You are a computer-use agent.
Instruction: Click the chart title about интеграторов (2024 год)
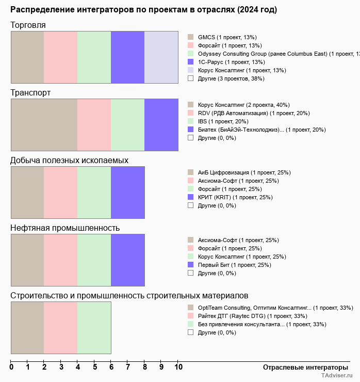pos(143,10)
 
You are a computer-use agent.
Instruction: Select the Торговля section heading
pos(28,25)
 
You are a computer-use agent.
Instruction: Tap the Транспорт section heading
pos(30,92)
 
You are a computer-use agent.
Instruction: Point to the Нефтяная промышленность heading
pos(65,228)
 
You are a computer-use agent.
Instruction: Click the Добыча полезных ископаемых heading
pos(69,160)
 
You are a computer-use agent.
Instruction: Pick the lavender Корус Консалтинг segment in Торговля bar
pos(161,57)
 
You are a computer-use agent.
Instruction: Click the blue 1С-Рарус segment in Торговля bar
pos(127,57)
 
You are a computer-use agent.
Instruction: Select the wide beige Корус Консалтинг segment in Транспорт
pos(44,124)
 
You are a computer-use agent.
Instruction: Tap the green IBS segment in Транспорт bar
pos(127,124)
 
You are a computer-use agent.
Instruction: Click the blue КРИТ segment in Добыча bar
pos(127,192)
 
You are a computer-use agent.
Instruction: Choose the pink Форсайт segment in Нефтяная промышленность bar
pos(60,260)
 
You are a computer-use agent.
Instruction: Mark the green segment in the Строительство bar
pos(94,327)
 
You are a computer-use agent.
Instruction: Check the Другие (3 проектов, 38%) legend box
pos(190,78)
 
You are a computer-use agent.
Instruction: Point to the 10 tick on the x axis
pos(178,368)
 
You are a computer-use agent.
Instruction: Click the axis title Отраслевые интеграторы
pos(302,367)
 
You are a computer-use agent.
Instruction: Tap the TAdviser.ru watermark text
pos(337,377)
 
